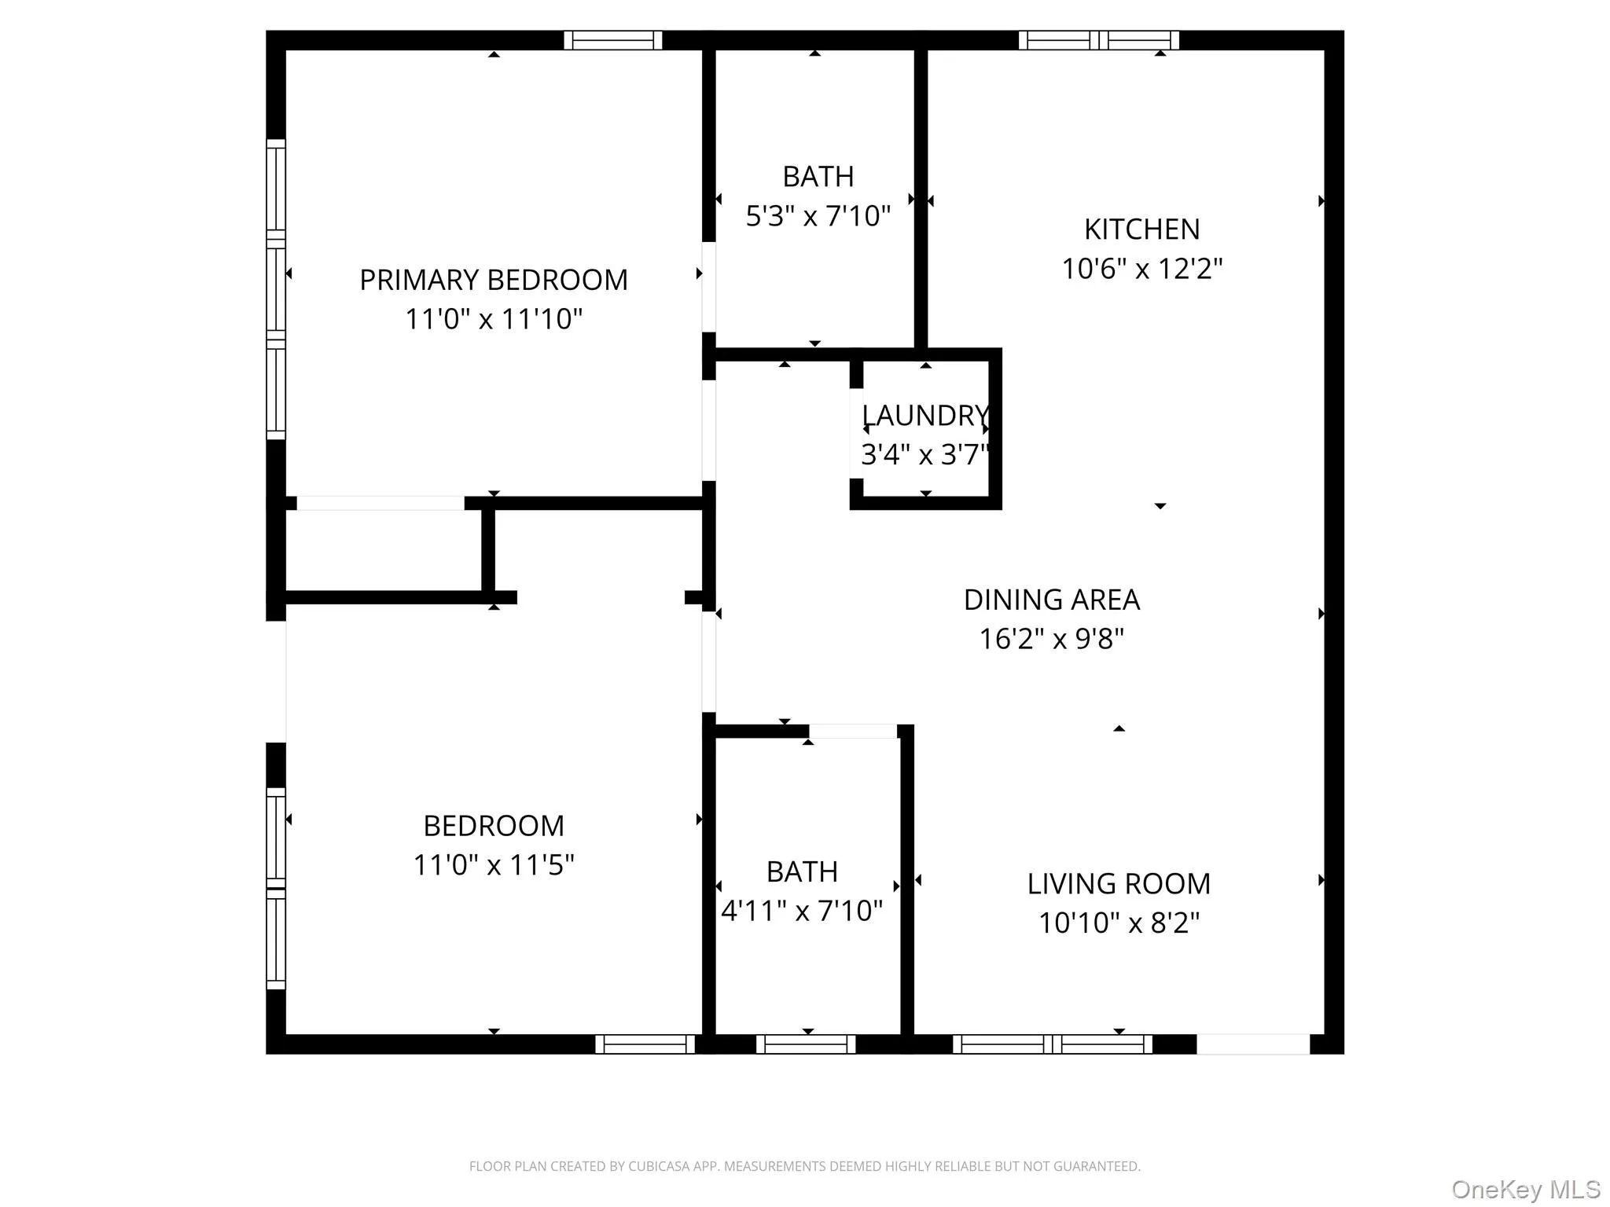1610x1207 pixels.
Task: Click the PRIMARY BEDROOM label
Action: [x=494, y=280]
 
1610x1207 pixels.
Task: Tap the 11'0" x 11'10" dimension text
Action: [x=494, y=319]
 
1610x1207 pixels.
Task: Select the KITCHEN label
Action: [x=1141, y=229]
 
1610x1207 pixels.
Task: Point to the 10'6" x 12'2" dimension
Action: [x=1141, y=269]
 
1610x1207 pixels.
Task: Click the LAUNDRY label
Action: [x=924, y=415]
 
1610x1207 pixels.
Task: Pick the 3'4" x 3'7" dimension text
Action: [x=924, y=454]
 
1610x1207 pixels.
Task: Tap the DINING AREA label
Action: [x=1051, y=600]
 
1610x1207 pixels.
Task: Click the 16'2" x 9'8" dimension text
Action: [x=1051, y=639]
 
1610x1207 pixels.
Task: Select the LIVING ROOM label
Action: [x=1118, y=884]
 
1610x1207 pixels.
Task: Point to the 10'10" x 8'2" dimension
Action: [x=1118, y=923]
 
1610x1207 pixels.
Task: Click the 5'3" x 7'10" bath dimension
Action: [x=818, y=215]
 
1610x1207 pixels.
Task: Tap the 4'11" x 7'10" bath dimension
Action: [x=802, y=911]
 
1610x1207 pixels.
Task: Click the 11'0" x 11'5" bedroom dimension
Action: [x=494, y=865]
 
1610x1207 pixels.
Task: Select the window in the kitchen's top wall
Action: [x=1098, y=40]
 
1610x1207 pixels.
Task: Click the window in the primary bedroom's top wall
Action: [x=612, y=40]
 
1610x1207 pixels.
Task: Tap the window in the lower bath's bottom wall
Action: [x=806, y=1044]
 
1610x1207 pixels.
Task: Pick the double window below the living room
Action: [x=1052, y=1044]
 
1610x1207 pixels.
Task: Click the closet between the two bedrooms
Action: [x=383, y=551]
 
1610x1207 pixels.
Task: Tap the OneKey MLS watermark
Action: [x=1525, y=1190]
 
